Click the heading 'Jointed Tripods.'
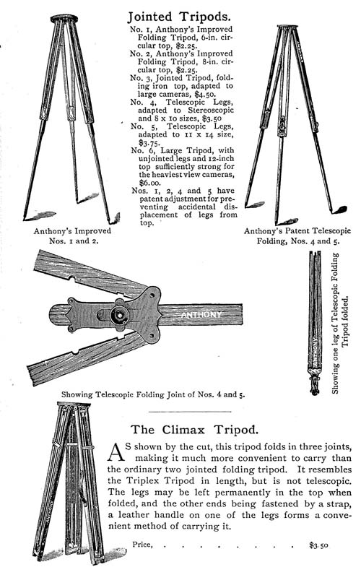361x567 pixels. (178, 17)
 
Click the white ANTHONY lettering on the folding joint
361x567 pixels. (201, 315)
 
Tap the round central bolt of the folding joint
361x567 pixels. (120, 316)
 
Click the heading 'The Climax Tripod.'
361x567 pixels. (194, 430)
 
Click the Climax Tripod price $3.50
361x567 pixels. (318, 545)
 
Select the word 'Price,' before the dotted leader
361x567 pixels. (142, 545)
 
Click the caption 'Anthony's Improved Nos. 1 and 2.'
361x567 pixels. (73, 235)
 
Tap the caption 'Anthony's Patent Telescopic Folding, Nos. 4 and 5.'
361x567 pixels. (297, 235)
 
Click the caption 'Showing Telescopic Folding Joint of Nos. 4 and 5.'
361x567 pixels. (153, 394)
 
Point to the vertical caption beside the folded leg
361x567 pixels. (340, 323)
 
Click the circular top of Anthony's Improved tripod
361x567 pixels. (64, 19)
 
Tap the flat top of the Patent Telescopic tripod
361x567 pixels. (287, 27)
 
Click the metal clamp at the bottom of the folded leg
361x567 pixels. (315, 384)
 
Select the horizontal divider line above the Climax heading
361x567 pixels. (190, 412)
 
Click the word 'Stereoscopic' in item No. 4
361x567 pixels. (211, 110)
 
